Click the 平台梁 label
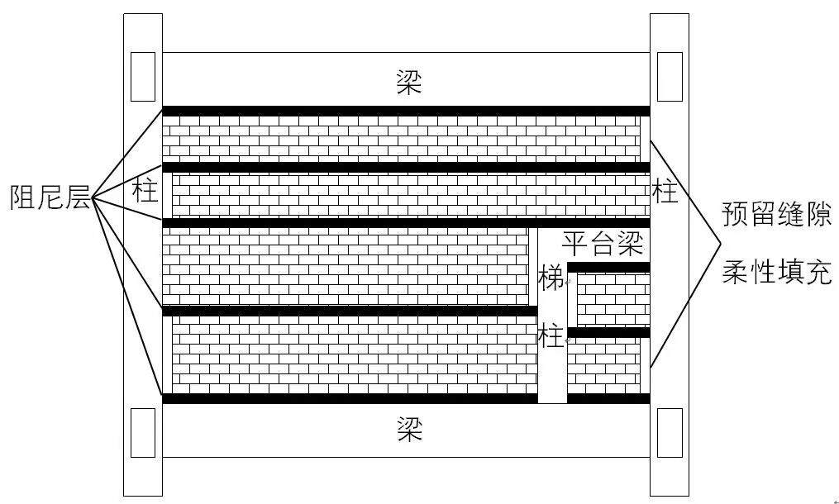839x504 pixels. click(603, 243)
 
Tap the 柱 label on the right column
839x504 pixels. click(665, 192)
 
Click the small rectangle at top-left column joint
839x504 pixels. click(143, 78)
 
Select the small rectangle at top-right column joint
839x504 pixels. click(670, 78)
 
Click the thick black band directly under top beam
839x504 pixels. click(405, 111)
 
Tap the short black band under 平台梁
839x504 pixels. click(608, 267)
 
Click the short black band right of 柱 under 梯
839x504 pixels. click(608, 332)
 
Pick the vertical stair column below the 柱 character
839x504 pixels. click(552, 376)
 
